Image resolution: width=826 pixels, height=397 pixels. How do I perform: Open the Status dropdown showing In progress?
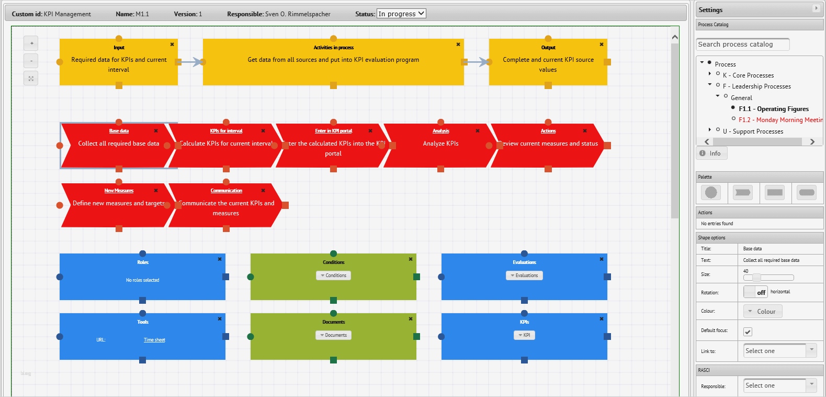pyautogui.click(x=401, y=14)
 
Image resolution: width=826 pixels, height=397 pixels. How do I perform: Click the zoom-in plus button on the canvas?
pyautogui.click(x=31, y=43)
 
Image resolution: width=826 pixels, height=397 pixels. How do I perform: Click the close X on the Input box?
pyautogui.click(x=172, y=45)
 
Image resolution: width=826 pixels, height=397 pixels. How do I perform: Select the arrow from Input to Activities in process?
pyautogui.click(x=190, y=62)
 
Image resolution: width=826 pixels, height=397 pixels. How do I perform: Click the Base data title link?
pyautogui.click(x=119, y=131)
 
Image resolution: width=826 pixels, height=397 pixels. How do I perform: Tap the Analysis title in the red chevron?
pyautogui.click(x=440, y=131)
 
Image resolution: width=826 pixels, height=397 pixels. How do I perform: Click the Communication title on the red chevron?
pyautogui.click(x=226, y=191)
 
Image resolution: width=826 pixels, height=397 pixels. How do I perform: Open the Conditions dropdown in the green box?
pyautogui.click(x=333, y=275)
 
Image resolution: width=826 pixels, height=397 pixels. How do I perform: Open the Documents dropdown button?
pyautogui.click(x=333, y=335)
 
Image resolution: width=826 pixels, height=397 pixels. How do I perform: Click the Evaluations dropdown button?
pyautogui.click(x=524, y=275)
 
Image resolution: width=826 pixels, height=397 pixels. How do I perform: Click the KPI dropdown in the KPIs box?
pyautogui.click(x=524, y=335)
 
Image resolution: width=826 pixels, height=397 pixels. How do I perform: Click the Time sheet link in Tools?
pyautogui.click(x=154, y=340)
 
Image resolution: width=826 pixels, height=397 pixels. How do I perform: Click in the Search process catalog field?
pyautogui.click(x=742, y=45)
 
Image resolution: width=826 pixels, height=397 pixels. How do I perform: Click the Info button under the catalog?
pyautogui.click(x=711, y=153)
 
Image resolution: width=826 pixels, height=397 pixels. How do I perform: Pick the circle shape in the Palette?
pyautogui.click(x=711, y=192)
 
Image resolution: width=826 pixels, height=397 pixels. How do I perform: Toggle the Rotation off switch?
pyautogui.click(x=755, y=292)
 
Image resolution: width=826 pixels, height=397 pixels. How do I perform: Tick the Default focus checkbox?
pyautogui.click(x=748, y=332)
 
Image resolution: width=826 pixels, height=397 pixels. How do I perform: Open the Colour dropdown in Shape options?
pyautogui.click(x=762, y=312)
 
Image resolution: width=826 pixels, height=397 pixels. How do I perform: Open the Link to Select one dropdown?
pyautogui.click(x=779, y=351)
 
